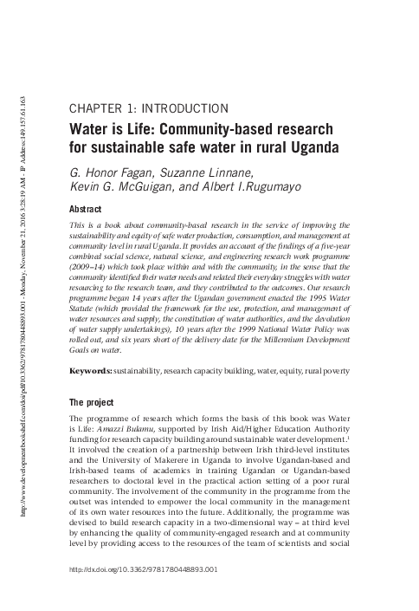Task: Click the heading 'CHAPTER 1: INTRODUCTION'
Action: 146,109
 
